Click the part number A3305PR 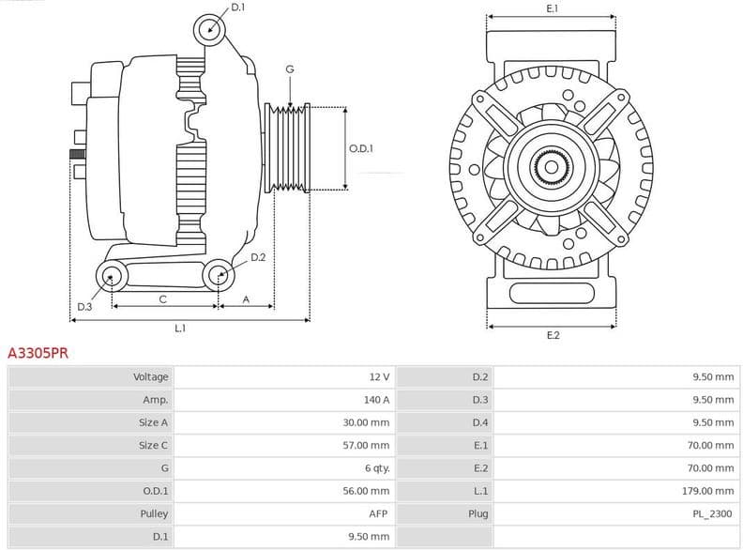pyautogui.click(x=38, y=354)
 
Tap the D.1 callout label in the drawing pyautogui.click(x=237, y=8)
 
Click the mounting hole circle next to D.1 pyautogui.click(x=210, y=29)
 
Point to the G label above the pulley pyautogui.click(x=290, y=69)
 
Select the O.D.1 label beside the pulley pyautogui.click(x=361, y=148)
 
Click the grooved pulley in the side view pyautogui.click(x=288, y=147)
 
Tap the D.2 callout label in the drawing pyautogui.click(x=258, y=256)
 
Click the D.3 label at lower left pyautogui.click(x=84, y=307)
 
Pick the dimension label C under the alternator pyautogui.click(x=162, y=299)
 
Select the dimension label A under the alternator pyautogui.click(x=246, y=299)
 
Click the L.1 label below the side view pyautogui.click(x=180, y=328)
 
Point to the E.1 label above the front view pyautogui.click(x=552, y=8)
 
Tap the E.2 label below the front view pyautogui.click(x=553, y=335)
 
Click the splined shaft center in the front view pyautogui.click(x=552, y=168)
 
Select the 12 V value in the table pyautogui.click(x=379, y=377)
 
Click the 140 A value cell pyautogui.click(x=377, y=400)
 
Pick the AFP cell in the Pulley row pyautogui.click(x=379, y=513)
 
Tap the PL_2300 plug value pyautogui.click(x=714, y=513)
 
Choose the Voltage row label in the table pyautogui.click(x=150, y=377)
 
